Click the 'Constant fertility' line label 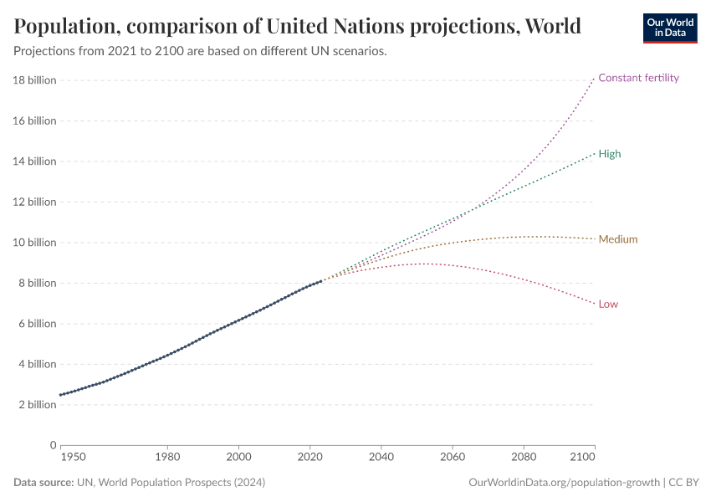638,78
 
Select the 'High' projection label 609,154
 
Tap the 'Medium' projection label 617,239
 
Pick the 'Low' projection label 608,304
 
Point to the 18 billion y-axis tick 34,80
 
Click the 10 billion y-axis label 34,243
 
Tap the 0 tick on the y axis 52,445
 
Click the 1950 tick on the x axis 73,458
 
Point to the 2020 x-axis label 310,458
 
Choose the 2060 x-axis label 453,458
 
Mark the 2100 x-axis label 583,458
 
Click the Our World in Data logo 669,28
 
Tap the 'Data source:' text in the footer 43,483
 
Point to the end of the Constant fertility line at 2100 595,78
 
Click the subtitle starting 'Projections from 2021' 200,51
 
